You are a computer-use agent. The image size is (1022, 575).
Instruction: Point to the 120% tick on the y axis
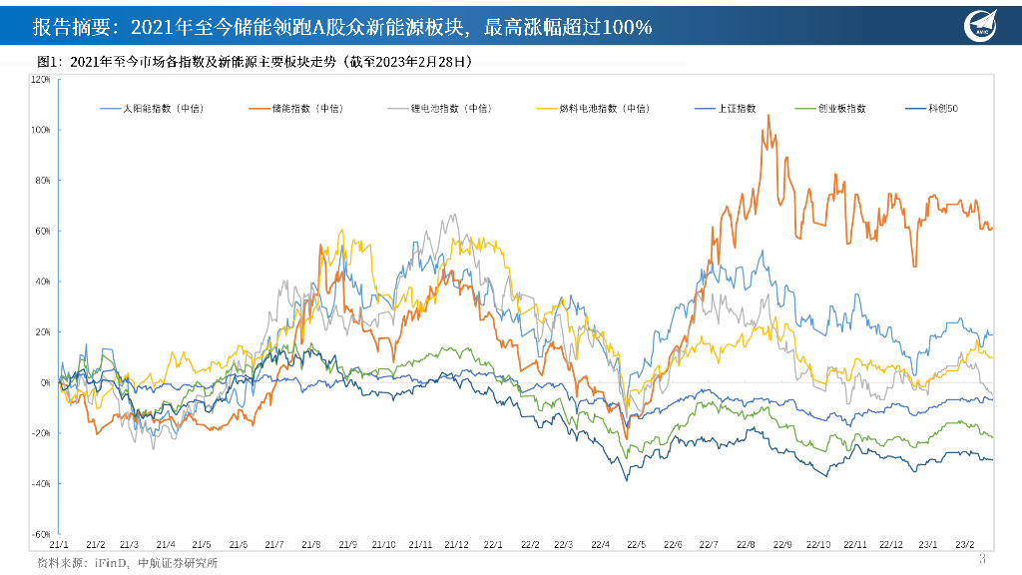coord(41,79)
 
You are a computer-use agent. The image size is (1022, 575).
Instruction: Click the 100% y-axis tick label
coord(41,130)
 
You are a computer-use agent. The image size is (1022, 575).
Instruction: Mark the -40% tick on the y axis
coord(41,483)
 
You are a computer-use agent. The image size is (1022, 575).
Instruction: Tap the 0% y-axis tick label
coord(45,382)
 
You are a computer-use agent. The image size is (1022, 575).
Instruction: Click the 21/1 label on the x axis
coord(58,545)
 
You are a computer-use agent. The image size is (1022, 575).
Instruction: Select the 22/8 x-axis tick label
coord(746,545)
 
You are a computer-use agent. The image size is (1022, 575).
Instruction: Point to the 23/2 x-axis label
coord(966,545)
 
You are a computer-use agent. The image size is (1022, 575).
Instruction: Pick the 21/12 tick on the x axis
coord(457,545)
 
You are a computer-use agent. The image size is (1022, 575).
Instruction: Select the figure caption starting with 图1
coord(254,61)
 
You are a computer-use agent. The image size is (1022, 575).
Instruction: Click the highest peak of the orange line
coord(767,115)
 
